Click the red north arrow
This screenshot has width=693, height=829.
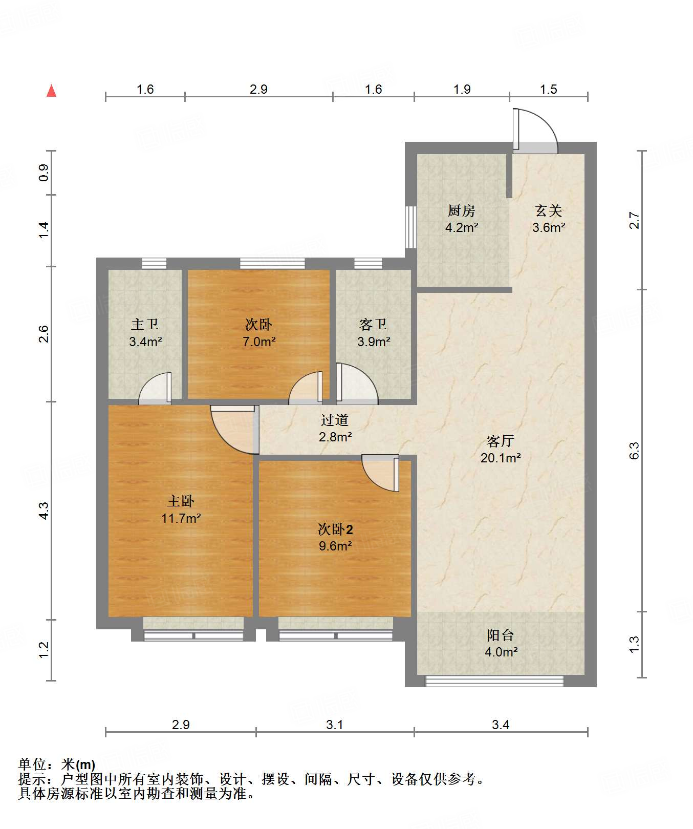(x=51, y=91)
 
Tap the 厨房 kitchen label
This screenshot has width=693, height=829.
(x=462, y=210)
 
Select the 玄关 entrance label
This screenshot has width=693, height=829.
(x=549, y=210)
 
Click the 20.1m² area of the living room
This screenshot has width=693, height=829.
(x=501, y=458)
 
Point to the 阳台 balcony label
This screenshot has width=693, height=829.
(x=501, y=635)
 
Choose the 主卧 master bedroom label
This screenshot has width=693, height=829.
(x=181, y=501)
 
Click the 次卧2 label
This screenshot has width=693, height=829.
(x=335, y=529)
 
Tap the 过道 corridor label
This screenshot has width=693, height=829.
(x=335, y=420)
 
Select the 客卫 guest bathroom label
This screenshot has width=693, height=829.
(x=373, y=324)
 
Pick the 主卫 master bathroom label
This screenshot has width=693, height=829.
(x=145, y=324)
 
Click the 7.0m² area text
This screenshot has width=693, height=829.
(x=259, y=342)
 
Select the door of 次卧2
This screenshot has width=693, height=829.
(x=380, y=473)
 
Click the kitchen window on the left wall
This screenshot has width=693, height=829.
(x=410, y=227)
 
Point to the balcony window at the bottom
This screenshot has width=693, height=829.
(x=494, y=681)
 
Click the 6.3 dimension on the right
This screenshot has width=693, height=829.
(x=634, y=451)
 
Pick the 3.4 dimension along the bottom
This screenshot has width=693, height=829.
(x=501, y=725)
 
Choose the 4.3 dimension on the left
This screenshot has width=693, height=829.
(x=44, y=511)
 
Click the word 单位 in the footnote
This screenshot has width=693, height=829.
(x=32, y=764)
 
